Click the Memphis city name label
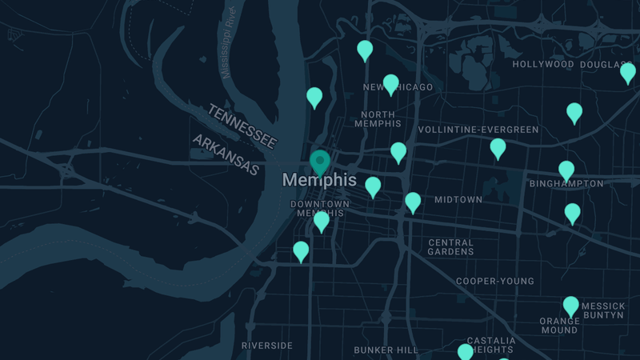tap(319, 180)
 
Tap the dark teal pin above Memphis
tap(320, 162)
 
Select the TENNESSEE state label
tap(242, 126)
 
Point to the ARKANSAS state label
tap(226, 154)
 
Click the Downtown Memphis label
tap(319, 209)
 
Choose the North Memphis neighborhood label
tap(378, 119)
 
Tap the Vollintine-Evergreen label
tap(478, 130)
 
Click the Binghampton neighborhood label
tap(566, 184)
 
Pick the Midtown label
tap(458, 199)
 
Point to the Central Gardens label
tap(451, 247)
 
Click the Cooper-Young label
tap(495, 282)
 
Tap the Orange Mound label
tap(559, 326)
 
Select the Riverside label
tap(267, 346)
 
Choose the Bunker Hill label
tap(386, 350)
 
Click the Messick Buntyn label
tap(603, 310)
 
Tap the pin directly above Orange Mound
tap(570, 306)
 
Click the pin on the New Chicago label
tap(390, 83)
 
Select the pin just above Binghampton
tap(566, 170)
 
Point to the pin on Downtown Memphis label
tap(322, 221)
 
